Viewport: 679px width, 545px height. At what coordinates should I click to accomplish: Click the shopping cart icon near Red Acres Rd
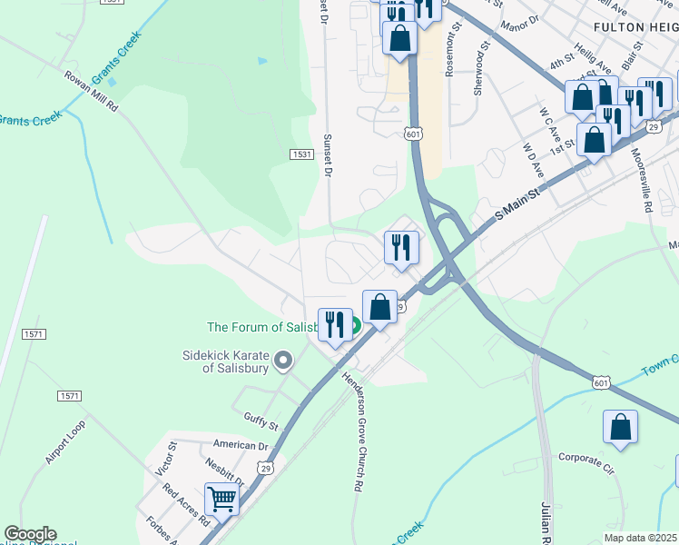[x=221, y=498]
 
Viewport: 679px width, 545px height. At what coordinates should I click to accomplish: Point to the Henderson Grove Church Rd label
[x=354, y=432]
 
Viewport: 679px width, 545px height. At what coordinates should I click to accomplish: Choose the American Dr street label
[x=241, y=445]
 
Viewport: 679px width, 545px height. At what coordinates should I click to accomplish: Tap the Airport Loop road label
[x=64, y=441]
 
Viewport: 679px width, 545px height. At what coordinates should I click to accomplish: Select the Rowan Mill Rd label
[x=91, y=91]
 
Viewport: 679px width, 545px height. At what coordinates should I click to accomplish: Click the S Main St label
[x=517, y=204]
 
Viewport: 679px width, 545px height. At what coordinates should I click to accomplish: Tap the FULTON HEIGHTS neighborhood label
[x=636, y=28]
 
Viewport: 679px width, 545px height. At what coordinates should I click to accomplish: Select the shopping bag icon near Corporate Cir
[x=620, y=427]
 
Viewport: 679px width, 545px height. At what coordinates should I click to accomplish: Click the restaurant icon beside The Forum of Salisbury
[x=334, y=324]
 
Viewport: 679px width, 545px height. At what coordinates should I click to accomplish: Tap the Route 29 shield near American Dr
[x=265, y=467]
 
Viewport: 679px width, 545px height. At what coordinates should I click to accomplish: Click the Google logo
[x=30, y=534]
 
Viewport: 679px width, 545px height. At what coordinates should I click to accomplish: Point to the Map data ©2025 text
[x=640, y=538]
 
